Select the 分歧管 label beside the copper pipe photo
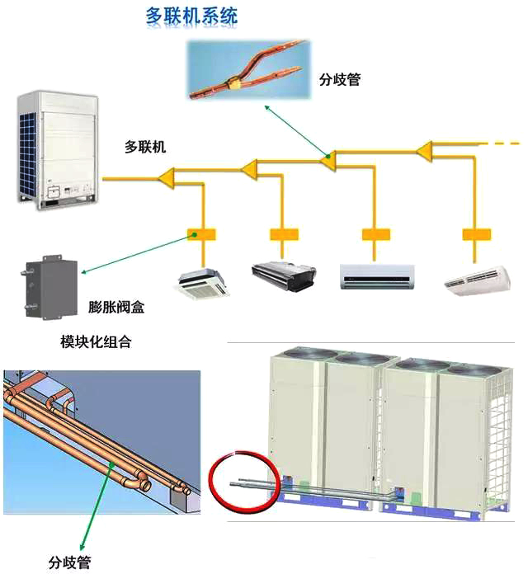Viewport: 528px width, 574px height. (340, 80)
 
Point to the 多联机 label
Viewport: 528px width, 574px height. (145, 147)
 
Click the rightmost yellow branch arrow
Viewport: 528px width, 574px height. (424, 150)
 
